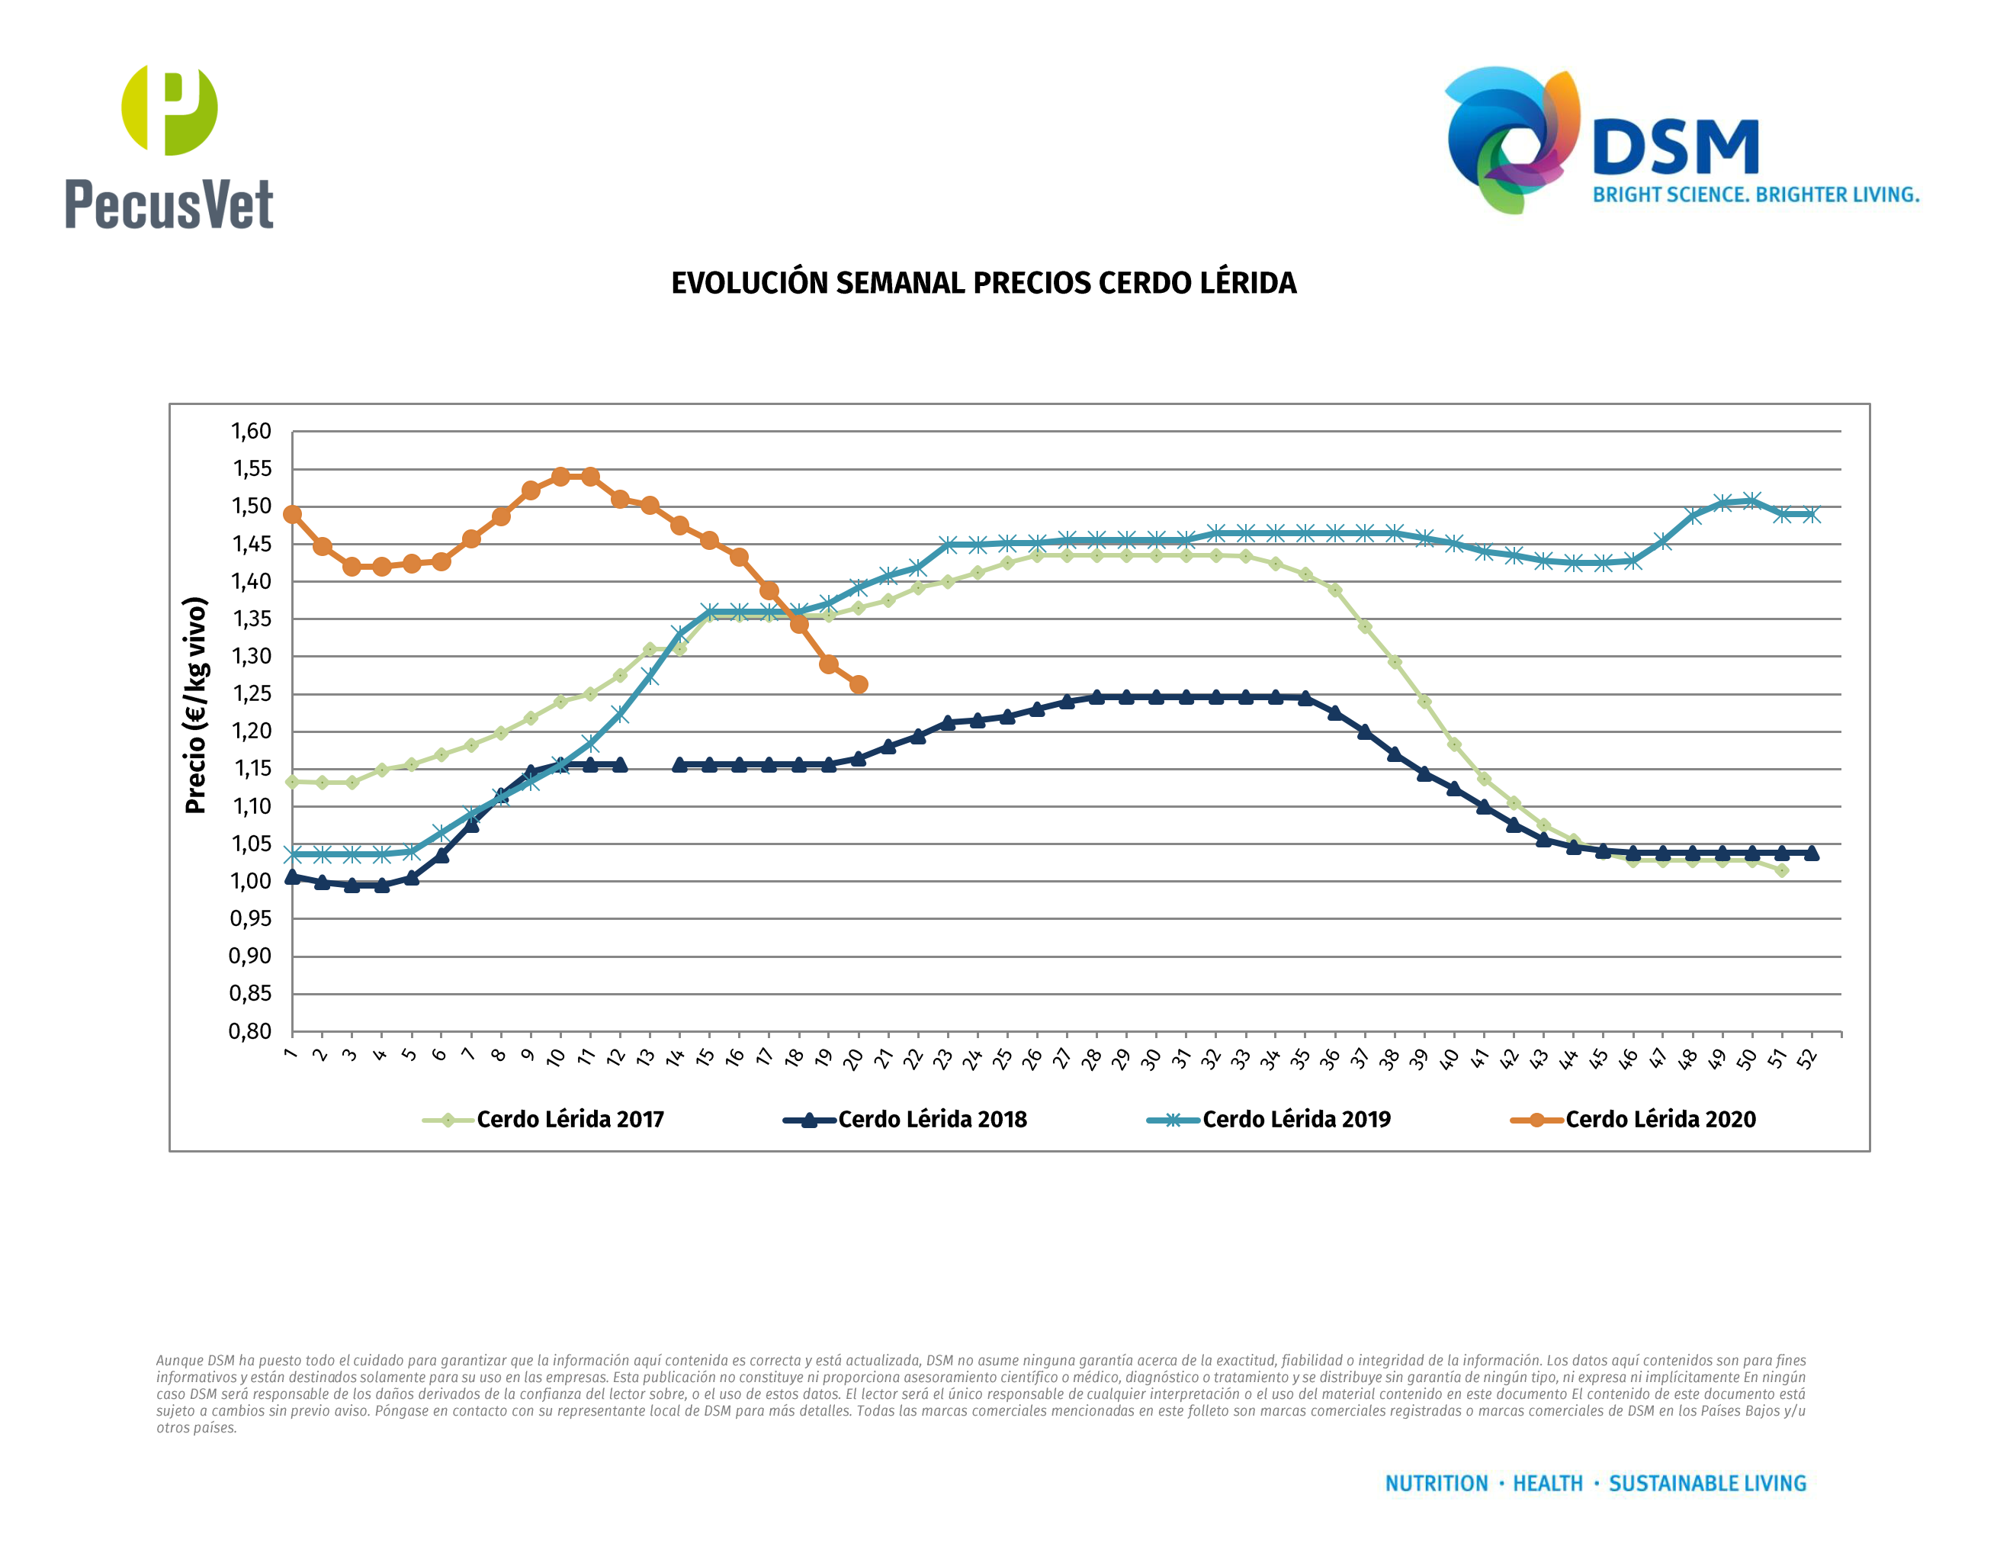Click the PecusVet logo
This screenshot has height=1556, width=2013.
pos(169,147)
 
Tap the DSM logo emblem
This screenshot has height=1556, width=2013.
pos(1511,138)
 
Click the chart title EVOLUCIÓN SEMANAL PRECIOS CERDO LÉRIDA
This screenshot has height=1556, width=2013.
pos(984,283)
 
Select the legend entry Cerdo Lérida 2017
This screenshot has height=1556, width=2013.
pos(570,1120)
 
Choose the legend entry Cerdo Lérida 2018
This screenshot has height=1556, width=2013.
pos(932,1120)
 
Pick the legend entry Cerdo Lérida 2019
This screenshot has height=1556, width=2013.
pos(1296,1120)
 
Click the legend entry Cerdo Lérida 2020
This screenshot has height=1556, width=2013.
pos(1660,1120)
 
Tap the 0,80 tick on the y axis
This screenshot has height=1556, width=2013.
pos(251,1031)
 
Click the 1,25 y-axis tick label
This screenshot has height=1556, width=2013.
pos(251,694)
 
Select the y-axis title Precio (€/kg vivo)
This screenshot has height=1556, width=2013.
pos(195,706)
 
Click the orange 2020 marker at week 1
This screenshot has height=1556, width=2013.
pos(292,514)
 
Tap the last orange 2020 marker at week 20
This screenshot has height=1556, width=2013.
pos(858,685)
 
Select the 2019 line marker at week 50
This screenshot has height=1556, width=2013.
pos(1752,501)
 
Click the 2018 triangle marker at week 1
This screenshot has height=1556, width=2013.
pos(292,876)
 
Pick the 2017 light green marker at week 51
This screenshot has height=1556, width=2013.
pos(1782,870)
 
